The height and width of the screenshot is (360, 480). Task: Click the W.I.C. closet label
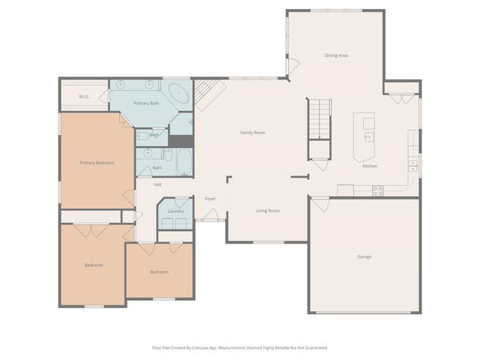85,97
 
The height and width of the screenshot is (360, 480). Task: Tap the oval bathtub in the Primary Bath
178,95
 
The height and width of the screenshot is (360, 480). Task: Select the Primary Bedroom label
97,162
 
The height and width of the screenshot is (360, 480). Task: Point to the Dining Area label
335,55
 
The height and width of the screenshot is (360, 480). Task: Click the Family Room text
253,133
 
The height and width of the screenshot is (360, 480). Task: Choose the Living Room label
267,211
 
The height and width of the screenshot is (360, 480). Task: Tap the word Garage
364,256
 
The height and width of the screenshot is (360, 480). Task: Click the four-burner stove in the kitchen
377,190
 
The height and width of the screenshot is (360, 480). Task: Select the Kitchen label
370,166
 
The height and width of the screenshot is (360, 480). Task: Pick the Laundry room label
176,211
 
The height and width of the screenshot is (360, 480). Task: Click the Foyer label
211,199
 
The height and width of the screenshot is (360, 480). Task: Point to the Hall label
157,184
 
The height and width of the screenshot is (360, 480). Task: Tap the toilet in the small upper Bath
142,136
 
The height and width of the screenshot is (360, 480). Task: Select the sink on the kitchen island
368,136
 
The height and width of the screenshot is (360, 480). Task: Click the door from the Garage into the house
319,203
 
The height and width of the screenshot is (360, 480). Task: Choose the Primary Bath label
146,103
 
